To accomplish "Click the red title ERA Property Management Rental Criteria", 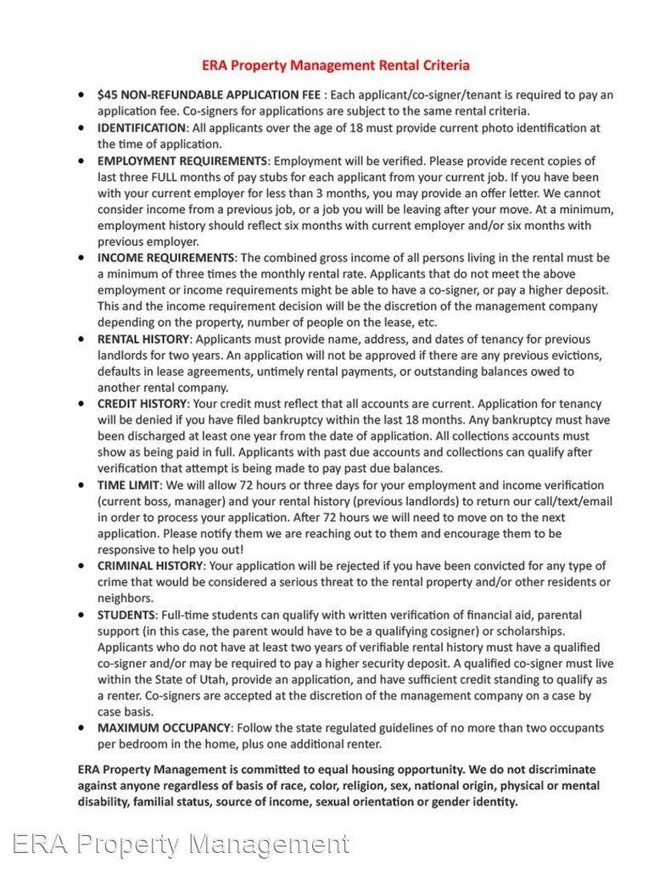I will tap(336, 64).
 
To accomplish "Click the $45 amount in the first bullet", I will tap(107, 95).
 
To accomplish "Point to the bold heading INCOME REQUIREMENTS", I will tap(165, 257).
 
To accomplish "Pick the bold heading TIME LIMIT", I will tap(128, 485).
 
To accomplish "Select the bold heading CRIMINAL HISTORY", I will tap(150, 566).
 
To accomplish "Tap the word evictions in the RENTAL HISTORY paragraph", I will tap(570, 355).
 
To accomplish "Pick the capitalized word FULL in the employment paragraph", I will tap(167, 177).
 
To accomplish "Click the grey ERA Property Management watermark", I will tap(181, 844).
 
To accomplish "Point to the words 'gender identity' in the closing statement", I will tap(475, 801).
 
